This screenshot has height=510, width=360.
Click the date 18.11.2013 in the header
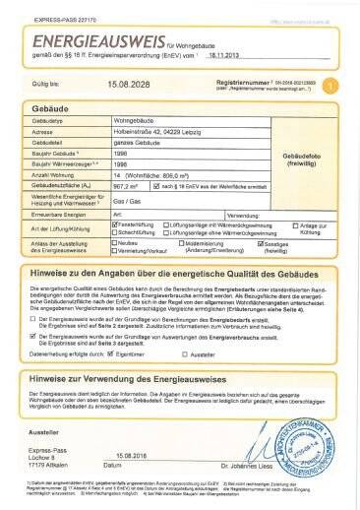pos(229,59)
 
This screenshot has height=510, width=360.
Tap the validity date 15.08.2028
pos(131,86)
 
